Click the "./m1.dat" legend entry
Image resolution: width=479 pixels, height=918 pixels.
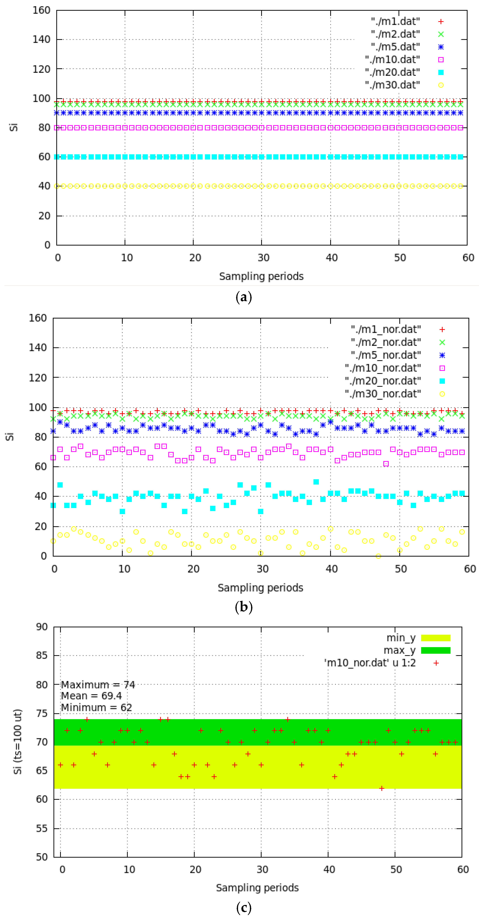pyautogui.click(x=395, y=21)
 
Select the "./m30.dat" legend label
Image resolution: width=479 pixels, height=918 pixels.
pyautogui.click(x=392, y=85)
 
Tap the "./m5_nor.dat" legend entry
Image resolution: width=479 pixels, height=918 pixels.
pyautogui.click(x=386, y=355)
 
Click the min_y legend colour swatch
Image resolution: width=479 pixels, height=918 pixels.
pyautogui.click(x=435, y=638)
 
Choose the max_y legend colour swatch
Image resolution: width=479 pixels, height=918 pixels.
pyautogui.click(x=435, y=650)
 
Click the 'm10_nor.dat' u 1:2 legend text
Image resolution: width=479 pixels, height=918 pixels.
pyautogui.click(x=370, y=663)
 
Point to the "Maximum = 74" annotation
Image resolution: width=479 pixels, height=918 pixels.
pyautogui.click(x=98, y=685)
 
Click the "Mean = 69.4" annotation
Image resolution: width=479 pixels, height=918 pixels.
pyautogui.click(x=91, y=696)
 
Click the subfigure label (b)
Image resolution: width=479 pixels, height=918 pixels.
pyautogui.click(x=244, y=607)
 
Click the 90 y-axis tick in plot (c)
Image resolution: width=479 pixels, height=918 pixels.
pyautogui.click(x=42, y=627)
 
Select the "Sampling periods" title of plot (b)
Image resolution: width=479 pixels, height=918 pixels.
pyautogui.click(x=260, y=588)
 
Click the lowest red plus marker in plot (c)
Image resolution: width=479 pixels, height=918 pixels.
pyautogui.click(x=382, y=788)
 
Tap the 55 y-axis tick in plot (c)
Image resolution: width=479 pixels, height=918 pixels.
pyautogui.click(x=42, y=828)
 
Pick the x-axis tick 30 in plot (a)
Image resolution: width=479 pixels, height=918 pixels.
pyautogui.click(x=263, y=258)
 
